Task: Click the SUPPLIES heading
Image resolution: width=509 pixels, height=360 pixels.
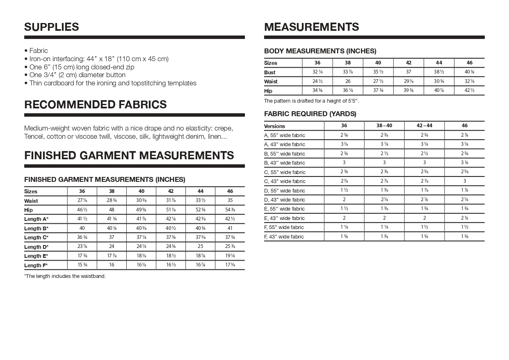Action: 52,27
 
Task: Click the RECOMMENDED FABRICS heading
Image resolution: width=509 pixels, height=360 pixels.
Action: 96,105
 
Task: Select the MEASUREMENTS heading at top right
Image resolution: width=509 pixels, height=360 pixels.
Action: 312,27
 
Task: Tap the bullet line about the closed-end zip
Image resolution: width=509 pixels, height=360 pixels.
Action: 82,67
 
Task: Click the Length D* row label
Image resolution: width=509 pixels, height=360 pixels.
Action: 36,247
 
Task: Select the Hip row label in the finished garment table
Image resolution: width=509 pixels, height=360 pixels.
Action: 29,210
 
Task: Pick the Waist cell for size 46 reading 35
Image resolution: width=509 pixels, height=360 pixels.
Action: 230,201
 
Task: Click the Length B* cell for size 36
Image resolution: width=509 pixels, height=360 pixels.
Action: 82,228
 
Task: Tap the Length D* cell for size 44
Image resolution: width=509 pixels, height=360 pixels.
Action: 200,247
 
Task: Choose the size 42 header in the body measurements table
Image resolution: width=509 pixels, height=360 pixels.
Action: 409,63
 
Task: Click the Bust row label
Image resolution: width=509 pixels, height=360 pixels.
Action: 270,72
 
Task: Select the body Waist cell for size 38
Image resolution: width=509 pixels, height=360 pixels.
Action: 348,81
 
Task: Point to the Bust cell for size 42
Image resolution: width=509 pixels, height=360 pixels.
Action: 409,72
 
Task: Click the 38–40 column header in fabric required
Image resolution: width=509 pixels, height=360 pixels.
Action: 384,126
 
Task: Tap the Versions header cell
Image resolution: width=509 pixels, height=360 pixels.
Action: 274,126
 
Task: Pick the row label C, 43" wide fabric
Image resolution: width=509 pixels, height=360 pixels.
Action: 285,181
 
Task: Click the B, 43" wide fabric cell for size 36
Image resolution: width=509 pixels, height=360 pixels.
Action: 344,163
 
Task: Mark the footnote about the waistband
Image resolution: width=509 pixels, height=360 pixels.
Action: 65,276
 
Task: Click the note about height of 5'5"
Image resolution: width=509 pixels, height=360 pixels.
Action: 311,101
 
